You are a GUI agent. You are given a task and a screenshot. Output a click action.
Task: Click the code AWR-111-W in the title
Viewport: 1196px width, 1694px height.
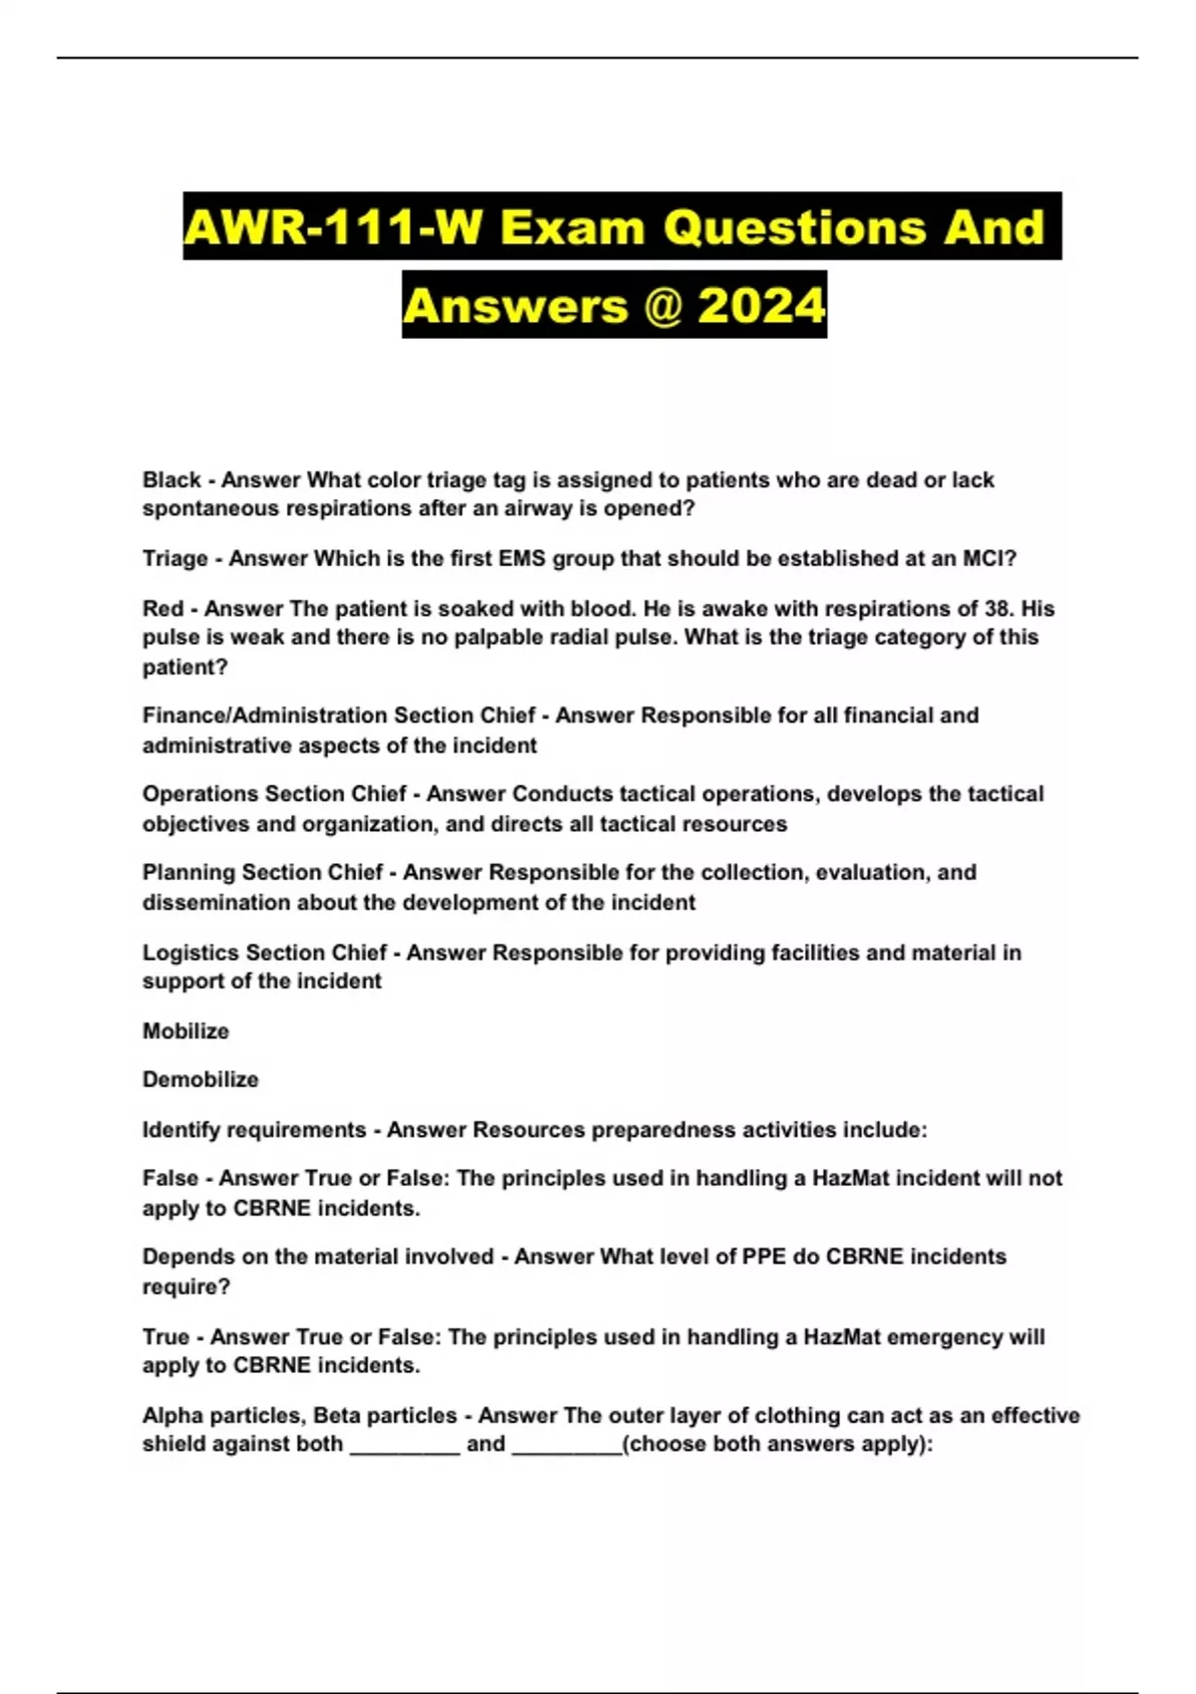point(335,227)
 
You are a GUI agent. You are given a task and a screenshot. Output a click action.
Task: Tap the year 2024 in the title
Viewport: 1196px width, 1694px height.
point(761,305)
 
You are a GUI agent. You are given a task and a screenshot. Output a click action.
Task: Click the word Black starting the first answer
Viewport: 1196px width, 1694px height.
point(171,480)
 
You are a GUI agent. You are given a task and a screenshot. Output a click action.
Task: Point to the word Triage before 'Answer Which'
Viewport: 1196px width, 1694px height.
point(175,559)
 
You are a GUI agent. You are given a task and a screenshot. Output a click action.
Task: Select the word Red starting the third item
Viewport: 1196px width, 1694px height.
point(162,609)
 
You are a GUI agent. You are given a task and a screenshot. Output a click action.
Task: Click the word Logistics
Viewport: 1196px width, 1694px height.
point(190,953)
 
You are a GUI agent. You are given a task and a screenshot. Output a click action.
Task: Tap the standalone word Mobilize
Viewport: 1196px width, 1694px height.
point(185,1031)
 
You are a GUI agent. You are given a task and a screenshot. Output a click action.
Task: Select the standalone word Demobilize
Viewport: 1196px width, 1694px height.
point(200,1080)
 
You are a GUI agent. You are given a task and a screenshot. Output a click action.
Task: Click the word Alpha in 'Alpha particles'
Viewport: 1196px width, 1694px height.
point(170,1415)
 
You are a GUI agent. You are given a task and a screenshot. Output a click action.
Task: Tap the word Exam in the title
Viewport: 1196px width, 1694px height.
point(573,227)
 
